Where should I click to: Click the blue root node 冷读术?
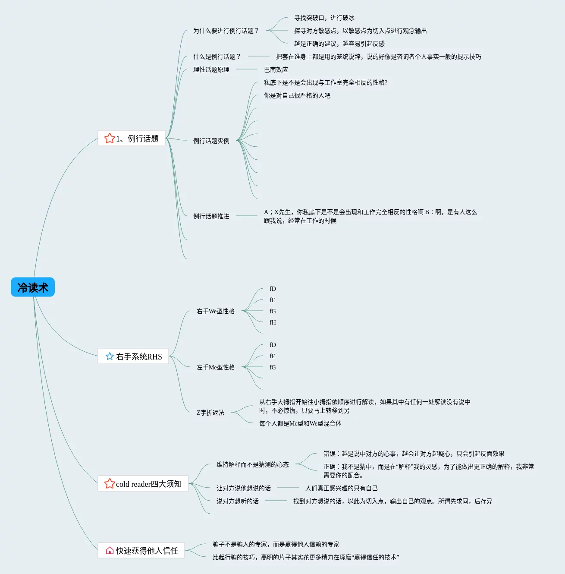33,287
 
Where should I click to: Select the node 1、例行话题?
132,138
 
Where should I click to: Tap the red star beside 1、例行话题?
110,138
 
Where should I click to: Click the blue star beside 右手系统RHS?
110,356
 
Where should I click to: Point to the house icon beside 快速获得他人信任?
110,550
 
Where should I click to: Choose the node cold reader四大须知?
143,483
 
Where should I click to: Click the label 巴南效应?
276,70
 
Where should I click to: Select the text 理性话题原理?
211,70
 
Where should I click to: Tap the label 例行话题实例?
211,141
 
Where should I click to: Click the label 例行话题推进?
211,216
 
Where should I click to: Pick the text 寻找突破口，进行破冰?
324,18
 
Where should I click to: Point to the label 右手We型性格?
216,311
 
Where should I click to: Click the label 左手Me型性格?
216,367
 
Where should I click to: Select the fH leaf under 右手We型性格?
273,322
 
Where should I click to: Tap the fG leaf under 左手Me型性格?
273,367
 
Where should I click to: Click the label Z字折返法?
210,413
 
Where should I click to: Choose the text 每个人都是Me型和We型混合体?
300,423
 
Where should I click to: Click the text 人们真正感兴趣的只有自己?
342,488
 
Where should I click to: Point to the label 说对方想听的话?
238,501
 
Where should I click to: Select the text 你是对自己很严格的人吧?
297,96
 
